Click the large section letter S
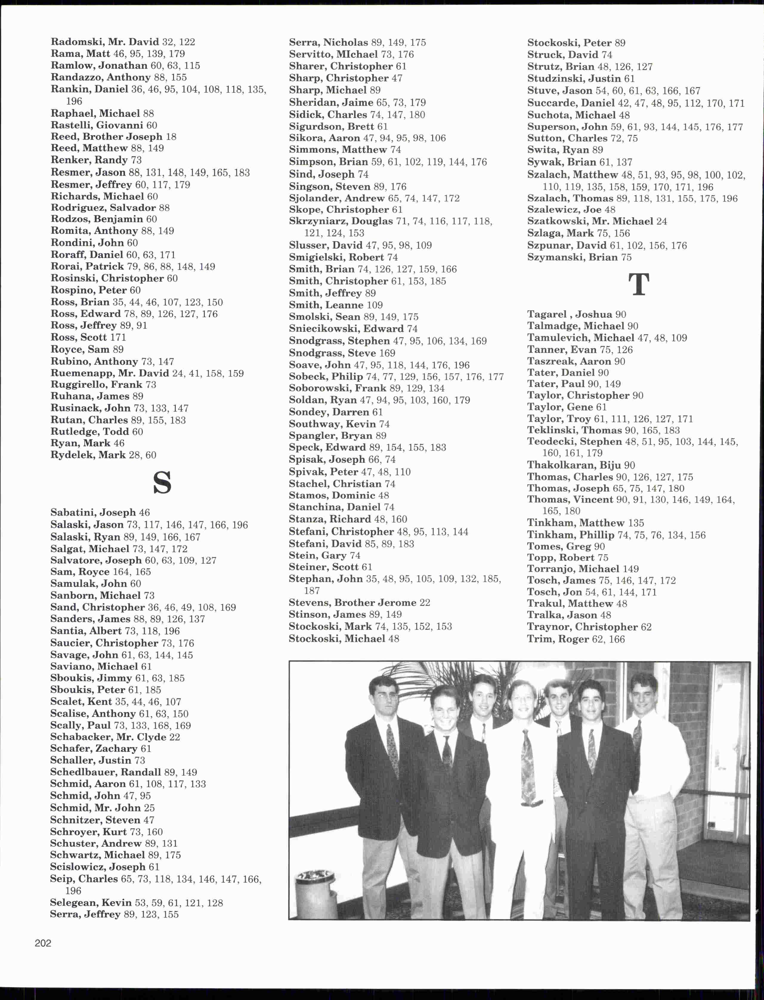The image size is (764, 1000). pos(162,483)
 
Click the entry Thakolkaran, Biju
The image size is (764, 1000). pos(574,465)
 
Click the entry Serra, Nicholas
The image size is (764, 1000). pos(328,42)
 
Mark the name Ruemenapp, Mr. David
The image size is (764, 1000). pos(109,373)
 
